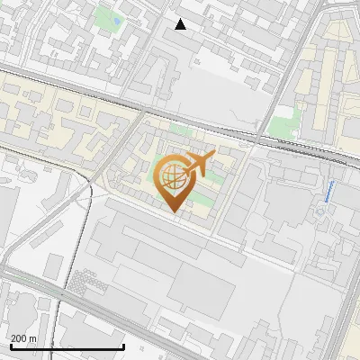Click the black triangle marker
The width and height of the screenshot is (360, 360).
tap(181, 24)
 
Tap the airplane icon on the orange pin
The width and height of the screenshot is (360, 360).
tap(195, 164)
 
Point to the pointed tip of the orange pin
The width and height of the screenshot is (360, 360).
tap(174, 211)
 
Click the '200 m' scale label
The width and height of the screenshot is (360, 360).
tap(23, 338)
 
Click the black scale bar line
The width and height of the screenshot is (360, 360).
tap(67, 347)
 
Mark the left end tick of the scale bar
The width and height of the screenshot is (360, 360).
tap(11, 346)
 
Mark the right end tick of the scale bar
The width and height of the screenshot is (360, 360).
tap(123, 346)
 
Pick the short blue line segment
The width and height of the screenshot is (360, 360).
tap(329, 190)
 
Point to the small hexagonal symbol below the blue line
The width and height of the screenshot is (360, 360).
tap(320, 212)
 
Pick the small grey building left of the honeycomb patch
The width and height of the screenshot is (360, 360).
tap(55, 265)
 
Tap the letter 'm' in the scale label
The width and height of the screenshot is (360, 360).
tap(32, 338)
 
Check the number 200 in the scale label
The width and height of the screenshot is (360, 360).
tap(19, 338)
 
